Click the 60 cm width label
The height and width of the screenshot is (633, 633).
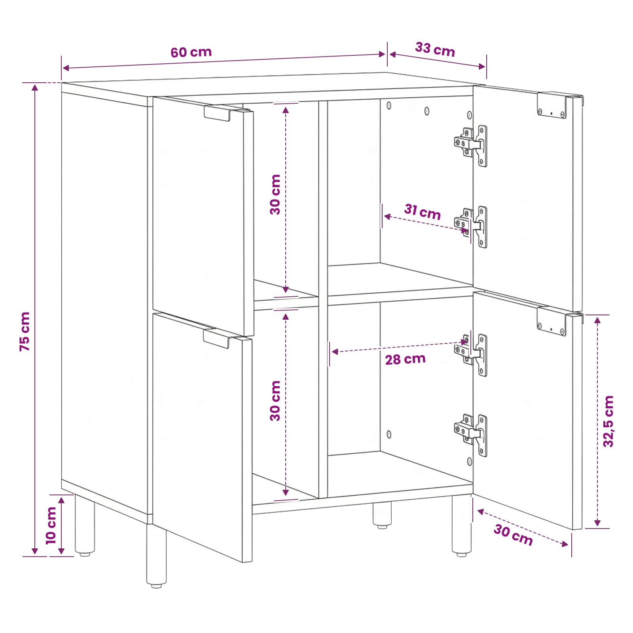click(x=191, y=52)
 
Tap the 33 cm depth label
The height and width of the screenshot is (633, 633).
click(x=435, y=49)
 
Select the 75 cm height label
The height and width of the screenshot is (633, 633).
click(x=25, y=331)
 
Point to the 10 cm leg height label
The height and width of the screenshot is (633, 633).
click(x=51, y=525)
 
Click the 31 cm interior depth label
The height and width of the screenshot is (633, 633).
click(x=423, y=212)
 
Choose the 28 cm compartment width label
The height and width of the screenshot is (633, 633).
click(x=405, y=359)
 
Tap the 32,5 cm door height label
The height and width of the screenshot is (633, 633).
click(x=608, y=421)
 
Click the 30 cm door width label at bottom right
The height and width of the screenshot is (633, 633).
click(x=513, y=534)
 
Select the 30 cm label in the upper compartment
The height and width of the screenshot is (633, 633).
click(x=275, y=195)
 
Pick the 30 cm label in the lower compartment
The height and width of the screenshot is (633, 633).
click(x=275, y=401)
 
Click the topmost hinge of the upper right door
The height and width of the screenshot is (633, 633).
click(x=471, y=145)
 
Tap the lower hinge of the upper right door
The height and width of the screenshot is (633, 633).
click(x=471, y=227)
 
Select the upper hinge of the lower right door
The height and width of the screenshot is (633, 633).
click(x=471, y=354)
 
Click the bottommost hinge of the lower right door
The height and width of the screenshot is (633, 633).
click(x=471, y=435)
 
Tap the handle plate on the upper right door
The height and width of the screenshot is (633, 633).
click(x=552, y=106)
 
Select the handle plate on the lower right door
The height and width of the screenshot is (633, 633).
click(x=552, y=321)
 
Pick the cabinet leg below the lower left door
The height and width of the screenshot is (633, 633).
click(x=156, y=556)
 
